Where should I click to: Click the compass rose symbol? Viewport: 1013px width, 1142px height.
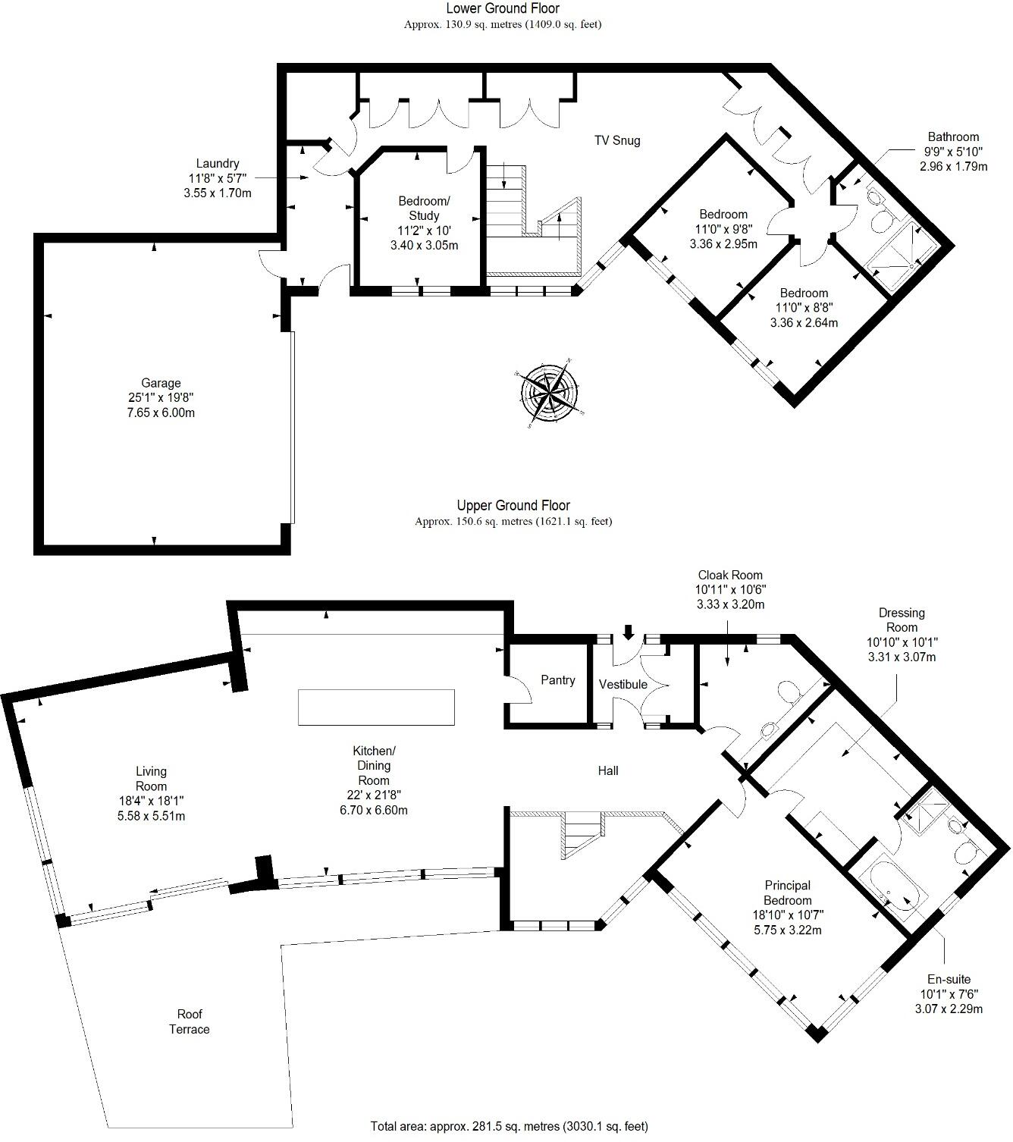[550, 393]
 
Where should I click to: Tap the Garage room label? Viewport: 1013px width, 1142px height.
[161, 384]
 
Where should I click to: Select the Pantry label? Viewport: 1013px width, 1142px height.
[558, 680]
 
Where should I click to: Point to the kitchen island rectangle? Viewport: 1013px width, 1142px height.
[376, 707]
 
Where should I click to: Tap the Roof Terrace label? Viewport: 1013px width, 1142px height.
[190, 1021]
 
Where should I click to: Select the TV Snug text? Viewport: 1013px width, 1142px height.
[616, 140]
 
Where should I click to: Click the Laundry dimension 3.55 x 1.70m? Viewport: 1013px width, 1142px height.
[218, 193]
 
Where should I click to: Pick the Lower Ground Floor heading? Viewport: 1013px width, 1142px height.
[503, 9]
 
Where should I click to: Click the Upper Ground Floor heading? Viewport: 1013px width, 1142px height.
[513, 506]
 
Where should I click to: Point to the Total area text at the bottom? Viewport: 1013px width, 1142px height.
[510, 1126]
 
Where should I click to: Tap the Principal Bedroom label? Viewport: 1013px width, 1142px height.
[787, 893]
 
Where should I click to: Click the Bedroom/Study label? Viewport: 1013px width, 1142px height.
[424, 209]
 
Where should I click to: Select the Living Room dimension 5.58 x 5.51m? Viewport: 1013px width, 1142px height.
[150, 816]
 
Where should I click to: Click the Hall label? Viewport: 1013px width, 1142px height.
[608, 771]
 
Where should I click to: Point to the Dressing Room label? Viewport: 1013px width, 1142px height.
[902, 620]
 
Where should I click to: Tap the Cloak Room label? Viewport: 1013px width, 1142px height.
[730, 575]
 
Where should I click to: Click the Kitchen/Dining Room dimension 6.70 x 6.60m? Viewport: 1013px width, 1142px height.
[373, 810]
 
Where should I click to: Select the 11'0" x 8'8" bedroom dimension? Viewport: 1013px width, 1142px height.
[804, 308]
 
